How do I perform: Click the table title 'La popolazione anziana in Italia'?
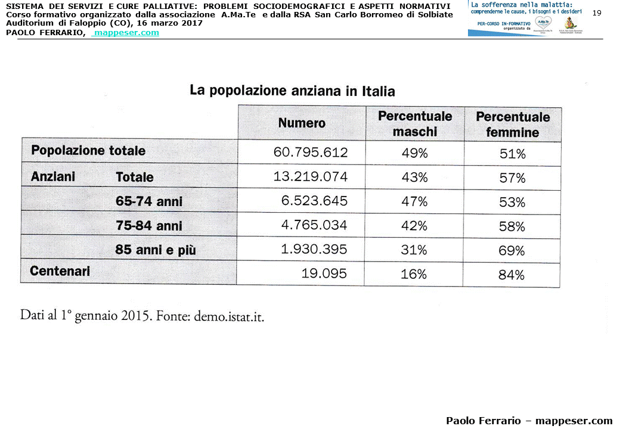click(x=292, y=91)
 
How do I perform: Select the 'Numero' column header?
click(x=302, y=123)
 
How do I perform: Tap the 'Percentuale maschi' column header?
click(x=415, y=124)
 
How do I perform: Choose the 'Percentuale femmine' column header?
click(x=513, y=125)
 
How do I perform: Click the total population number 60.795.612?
click(x=311, y=153)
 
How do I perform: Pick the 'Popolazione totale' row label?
click(x=88, y=151)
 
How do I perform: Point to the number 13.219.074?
click(x=311, y=177)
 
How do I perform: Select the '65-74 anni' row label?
click(x=149, y=201)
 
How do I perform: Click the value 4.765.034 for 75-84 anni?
click(x=314, y=226)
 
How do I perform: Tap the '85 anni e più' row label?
click(x=156, y=250)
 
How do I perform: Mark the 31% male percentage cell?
click(x=414, y=250)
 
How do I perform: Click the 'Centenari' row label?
click(x=60, y=271)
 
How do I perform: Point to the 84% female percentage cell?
click(x=511, y=275)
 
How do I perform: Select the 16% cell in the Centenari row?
click(x=414, y=274)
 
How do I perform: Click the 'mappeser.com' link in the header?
click(x=126, y=33)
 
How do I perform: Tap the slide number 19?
click(x=597, y=13)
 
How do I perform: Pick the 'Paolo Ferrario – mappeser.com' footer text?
click(x=529, y=421)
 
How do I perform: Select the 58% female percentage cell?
click(x=512, y=226)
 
